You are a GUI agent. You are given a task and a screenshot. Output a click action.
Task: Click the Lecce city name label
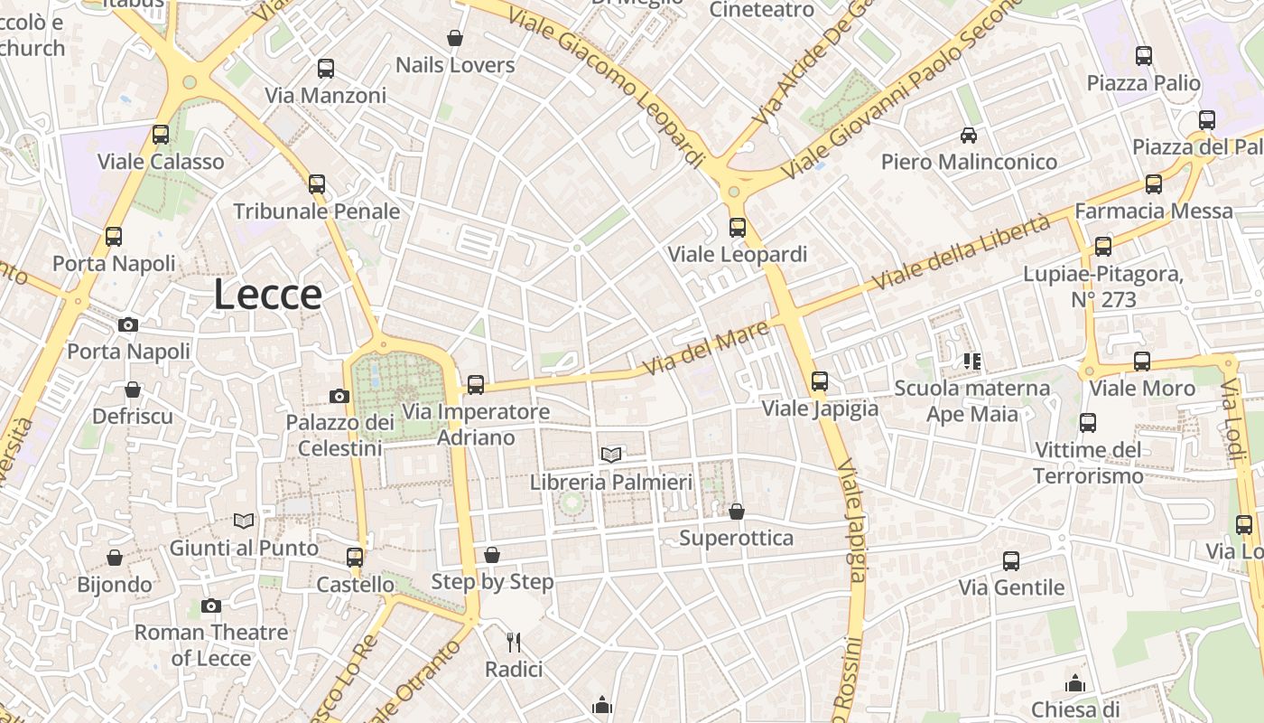pos(268,296)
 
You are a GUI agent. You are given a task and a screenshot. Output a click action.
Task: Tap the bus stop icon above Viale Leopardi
pos(738,228)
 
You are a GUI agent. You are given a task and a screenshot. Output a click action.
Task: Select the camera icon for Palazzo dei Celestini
pos(339,396)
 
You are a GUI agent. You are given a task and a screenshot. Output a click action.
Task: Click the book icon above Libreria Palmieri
pos(611,455)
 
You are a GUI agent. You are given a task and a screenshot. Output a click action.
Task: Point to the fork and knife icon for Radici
pos(514,643)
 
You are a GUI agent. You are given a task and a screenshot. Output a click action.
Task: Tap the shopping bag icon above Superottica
pos(737,512)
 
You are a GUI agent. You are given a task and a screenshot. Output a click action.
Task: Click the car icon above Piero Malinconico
pos(969,136)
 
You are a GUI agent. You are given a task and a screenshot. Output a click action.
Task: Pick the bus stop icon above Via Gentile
pos(1011,561)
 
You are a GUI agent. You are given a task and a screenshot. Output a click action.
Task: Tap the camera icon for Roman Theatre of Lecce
pos(211,606)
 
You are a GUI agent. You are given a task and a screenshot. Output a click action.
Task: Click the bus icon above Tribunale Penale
pos(316,184)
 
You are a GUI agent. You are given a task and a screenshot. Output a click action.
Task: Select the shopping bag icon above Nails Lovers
pos(455,39)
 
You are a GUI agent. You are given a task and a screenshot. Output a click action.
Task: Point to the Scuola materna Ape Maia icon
pos(972,361)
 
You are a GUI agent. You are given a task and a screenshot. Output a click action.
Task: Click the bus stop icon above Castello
pos(355,558)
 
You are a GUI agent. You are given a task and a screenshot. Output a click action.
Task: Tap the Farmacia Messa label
pos(1153,211)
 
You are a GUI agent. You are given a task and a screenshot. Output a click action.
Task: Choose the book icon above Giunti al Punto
pos(244,521)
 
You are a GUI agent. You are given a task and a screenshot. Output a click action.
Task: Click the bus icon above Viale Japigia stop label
pos(820,381)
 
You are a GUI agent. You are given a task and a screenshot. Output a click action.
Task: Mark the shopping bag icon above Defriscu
pos(133,390)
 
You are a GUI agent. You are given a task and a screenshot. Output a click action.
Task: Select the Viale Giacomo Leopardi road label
pos(606,89)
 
